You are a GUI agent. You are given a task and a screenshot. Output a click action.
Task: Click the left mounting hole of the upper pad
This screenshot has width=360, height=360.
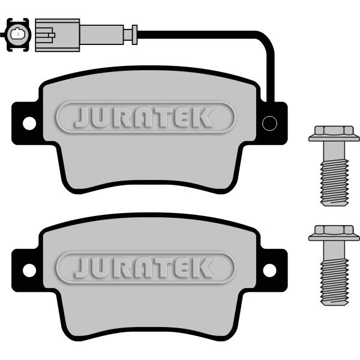tap(29, 124)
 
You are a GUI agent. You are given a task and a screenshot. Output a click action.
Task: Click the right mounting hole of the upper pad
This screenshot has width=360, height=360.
tap(269, 124)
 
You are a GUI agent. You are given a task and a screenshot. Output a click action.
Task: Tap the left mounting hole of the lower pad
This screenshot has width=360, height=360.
tap(29, 271)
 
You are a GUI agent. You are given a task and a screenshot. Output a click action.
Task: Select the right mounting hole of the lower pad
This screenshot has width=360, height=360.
tap(269, 271)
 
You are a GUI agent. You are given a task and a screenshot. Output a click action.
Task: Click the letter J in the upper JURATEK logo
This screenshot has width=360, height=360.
tap(82, 118)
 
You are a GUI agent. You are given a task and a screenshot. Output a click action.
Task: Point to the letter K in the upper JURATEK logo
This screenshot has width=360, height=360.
tap(203, 118)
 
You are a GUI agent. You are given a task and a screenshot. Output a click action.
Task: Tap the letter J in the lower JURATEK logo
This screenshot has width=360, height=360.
tap(82, 268)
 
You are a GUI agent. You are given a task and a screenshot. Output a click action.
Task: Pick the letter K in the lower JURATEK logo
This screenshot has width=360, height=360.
tap(203, 268)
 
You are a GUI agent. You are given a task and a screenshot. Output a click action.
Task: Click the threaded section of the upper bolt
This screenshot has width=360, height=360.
tap(335, 183)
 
